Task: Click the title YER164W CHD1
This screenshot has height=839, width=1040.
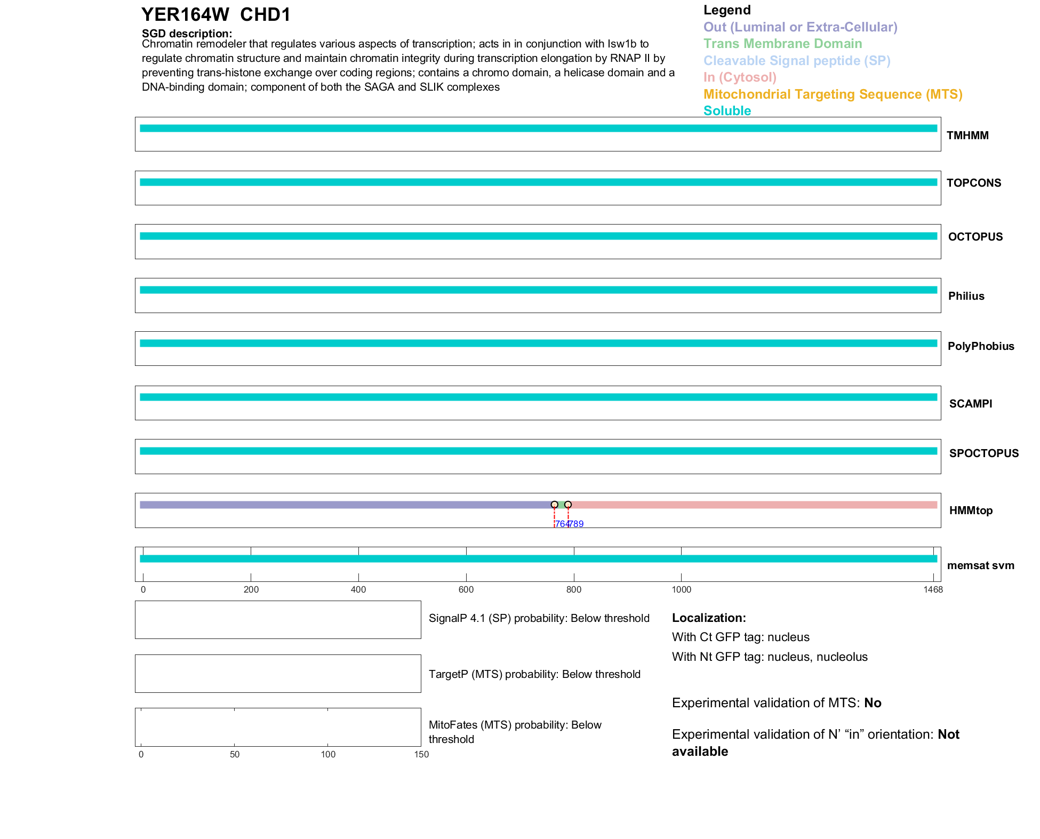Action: [216, 15]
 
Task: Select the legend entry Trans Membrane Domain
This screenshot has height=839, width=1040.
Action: [782, 44]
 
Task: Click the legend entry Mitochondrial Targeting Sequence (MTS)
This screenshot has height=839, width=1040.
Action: [833, 94]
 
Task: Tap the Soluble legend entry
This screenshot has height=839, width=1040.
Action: [727, 111]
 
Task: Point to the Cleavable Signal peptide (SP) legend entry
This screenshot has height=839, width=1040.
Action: [797, 61]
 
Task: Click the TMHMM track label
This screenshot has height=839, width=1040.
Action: [967, 135]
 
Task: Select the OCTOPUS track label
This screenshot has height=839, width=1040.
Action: [975, 237]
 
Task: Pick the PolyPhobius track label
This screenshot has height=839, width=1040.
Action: [980, 346]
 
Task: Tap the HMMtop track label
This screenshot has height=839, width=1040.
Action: [971, 510]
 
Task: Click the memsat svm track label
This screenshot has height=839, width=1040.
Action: [980, 565]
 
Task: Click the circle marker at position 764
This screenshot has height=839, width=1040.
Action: [555, 505]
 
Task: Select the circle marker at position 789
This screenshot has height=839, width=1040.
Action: [568, 505]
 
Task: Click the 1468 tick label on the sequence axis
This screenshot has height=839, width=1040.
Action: [933, 589]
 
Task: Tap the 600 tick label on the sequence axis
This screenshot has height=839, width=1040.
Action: [466, 589]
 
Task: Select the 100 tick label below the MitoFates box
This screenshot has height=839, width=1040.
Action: [328, 754]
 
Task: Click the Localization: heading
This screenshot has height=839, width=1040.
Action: [709, 618]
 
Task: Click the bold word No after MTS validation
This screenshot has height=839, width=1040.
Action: [873, 703]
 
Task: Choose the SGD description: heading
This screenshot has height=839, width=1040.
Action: [187, 34]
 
